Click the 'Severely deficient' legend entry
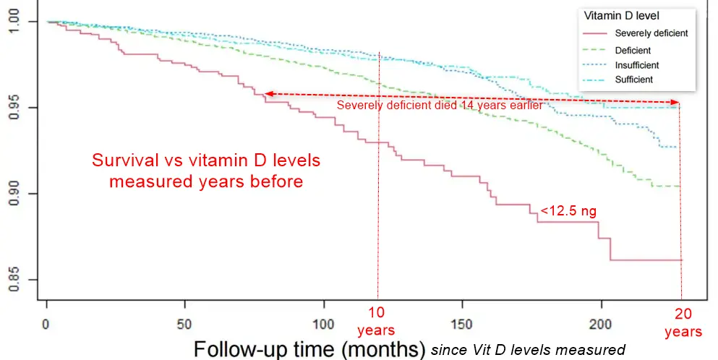coord(651,33)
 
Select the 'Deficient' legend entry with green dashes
coord(633,51)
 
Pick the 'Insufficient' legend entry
coord(636,65)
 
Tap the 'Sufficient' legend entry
coord(633,80)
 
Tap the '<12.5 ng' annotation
coord(568,211)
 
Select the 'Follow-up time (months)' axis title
coord(309,348)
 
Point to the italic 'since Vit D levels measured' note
coord(528,349)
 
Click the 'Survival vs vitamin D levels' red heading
coord(206,160)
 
